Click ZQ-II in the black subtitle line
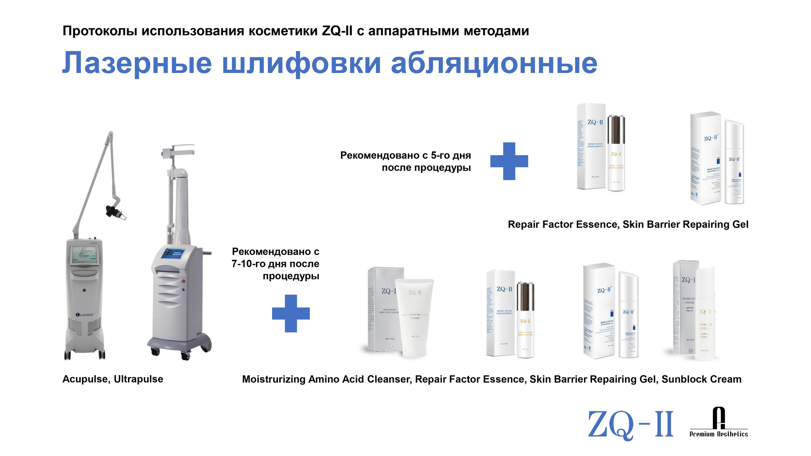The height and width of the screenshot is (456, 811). tap(337, 31)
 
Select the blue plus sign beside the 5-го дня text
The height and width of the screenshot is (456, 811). tap(509, 161)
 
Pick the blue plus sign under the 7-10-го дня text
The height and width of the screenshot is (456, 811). tap(291, 313)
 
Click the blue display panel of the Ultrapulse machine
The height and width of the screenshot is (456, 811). tap(174, 255)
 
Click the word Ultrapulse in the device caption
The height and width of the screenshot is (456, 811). tap(138, 379)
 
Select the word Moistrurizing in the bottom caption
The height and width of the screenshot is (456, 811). tap(274, 379)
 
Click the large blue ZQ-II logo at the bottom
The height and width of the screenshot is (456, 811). tap(630, 424)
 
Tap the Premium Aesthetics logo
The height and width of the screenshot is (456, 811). tap(718, 423)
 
